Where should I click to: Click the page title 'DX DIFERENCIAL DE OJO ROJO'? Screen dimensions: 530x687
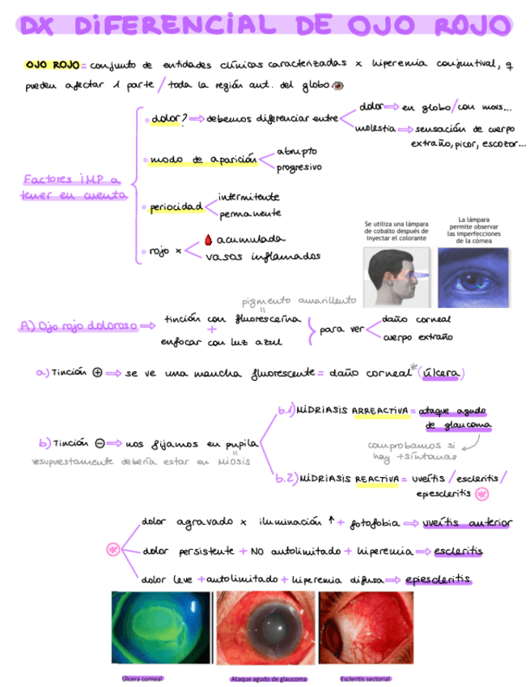pos(265,26)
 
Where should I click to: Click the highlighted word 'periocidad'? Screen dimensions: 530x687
pos(176,207)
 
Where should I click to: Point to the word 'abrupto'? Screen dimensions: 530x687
pos(297,151)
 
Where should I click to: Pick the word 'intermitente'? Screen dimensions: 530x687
pos(249,196)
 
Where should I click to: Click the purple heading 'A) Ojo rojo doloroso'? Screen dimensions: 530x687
pos(77,326)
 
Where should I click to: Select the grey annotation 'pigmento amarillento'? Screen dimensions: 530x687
pos(299,300)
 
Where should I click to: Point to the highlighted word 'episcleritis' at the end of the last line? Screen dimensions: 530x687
pos(439,579)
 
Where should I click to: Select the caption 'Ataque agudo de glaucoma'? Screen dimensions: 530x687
pos(269,679)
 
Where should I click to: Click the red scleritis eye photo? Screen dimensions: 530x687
pos(367,629)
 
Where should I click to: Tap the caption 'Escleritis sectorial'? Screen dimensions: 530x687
pos(366,679)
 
